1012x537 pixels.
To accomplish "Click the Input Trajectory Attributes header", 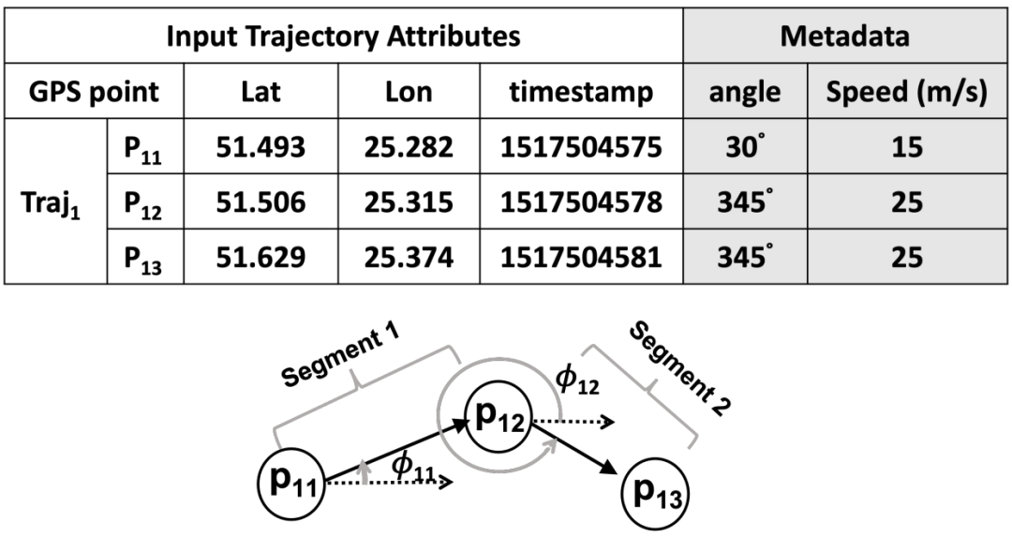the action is point(343,37).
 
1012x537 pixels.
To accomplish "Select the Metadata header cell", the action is point(845,37).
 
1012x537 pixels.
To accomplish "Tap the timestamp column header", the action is point(581,92).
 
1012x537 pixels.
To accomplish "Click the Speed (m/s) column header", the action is point(907,92).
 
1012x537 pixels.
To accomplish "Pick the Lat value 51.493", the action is point(260,146).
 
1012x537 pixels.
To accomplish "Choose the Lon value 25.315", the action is point(409,202).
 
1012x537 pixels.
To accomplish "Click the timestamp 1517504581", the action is point(581,257).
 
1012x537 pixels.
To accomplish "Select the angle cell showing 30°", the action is point(746,146).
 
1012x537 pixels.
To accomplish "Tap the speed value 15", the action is point(907,146).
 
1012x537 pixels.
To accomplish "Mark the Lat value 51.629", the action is point(260,257).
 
